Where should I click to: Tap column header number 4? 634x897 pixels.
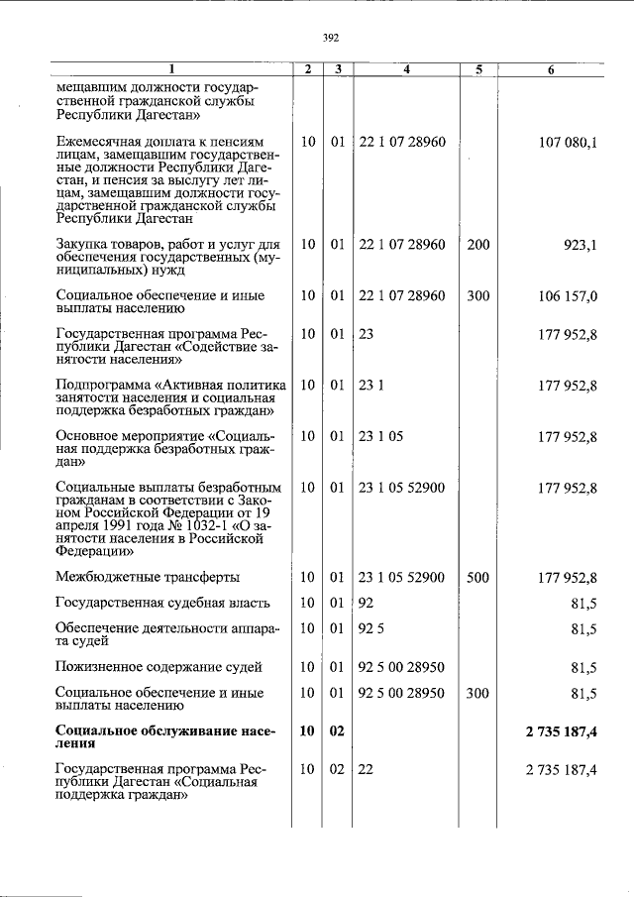[x=406, y=69]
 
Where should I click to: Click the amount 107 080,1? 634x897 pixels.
[x=568, y=143]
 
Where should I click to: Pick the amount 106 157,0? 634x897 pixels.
[x=568, y=295]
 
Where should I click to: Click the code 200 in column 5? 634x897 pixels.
[x=477, y=244]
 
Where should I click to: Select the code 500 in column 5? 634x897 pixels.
[x=477, y=578]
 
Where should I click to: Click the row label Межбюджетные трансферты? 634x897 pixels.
[x=148, y=578]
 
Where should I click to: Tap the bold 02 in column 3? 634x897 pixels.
[x=337, y=732]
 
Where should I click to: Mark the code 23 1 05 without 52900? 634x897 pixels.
[x=380, y=436]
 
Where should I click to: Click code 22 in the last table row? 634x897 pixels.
[x=366, y=770]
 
